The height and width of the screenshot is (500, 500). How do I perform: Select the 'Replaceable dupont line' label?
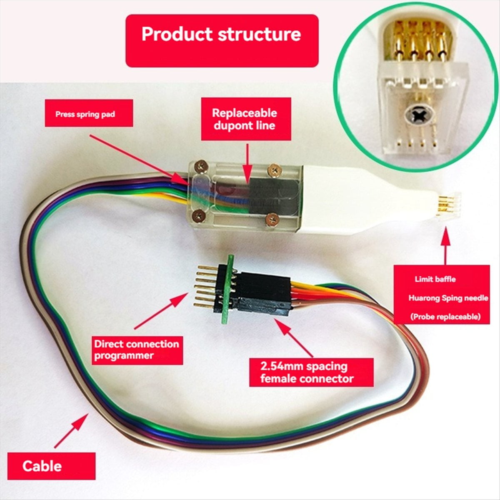[x=245, y=119]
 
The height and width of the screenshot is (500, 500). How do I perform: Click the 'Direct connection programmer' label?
[x=137, y=350]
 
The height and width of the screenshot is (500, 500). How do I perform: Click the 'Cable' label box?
[x=42, y=466]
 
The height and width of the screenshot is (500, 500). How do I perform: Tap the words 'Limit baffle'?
[x=435, y=279]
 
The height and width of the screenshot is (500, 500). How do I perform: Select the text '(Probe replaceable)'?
[x=445, y=317]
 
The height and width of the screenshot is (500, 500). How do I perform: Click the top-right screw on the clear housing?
[x=275, y=170]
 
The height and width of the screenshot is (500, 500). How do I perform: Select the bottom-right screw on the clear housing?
[x=271, y=219]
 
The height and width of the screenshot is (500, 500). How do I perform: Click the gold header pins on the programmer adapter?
[x=205, y=287]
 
